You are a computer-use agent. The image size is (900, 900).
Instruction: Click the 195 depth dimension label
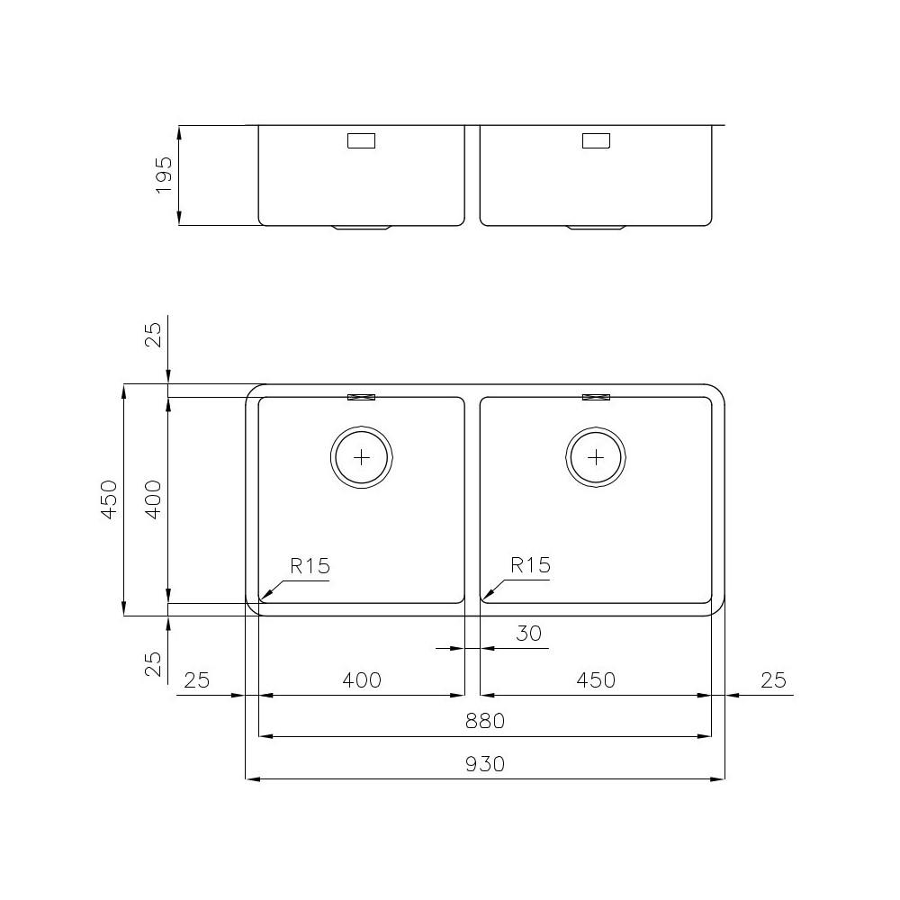tap(163, 175)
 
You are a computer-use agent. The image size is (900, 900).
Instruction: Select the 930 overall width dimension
tap(485, 764)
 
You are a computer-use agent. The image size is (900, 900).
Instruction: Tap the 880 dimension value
tap(485, 721)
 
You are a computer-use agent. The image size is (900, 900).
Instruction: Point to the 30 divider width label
tap(529, 634)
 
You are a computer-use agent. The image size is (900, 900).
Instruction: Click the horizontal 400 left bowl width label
tap(362, 679)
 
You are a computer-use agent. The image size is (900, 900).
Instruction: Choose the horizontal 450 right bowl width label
tap(596, 679)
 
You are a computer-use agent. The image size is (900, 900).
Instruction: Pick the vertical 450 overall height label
tap(109, 499)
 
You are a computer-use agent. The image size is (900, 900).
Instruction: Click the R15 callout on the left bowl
tap(310, 566)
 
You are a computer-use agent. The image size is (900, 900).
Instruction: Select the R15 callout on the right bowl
tap(530, 566)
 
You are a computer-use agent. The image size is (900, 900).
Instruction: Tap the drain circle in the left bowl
tap(362, 457)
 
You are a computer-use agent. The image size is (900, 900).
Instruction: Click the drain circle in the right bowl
tap(596, 457)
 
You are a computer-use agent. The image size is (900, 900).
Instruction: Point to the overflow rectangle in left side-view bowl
tap(361, 140)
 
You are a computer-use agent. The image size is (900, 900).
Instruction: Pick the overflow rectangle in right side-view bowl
tap(596, 140)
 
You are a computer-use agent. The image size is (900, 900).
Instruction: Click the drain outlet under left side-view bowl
tap(362, 228)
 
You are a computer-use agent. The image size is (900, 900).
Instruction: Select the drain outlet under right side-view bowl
tap(596, 228)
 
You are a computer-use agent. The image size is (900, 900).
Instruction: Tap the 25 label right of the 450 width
tap(773, 679)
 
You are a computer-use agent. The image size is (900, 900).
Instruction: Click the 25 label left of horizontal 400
tap(196, 679)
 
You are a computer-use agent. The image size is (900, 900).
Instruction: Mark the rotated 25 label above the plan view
tap(153, 335)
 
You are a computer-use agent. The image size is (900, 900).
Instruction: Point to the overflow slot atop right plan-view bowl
tap(596, 397)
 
